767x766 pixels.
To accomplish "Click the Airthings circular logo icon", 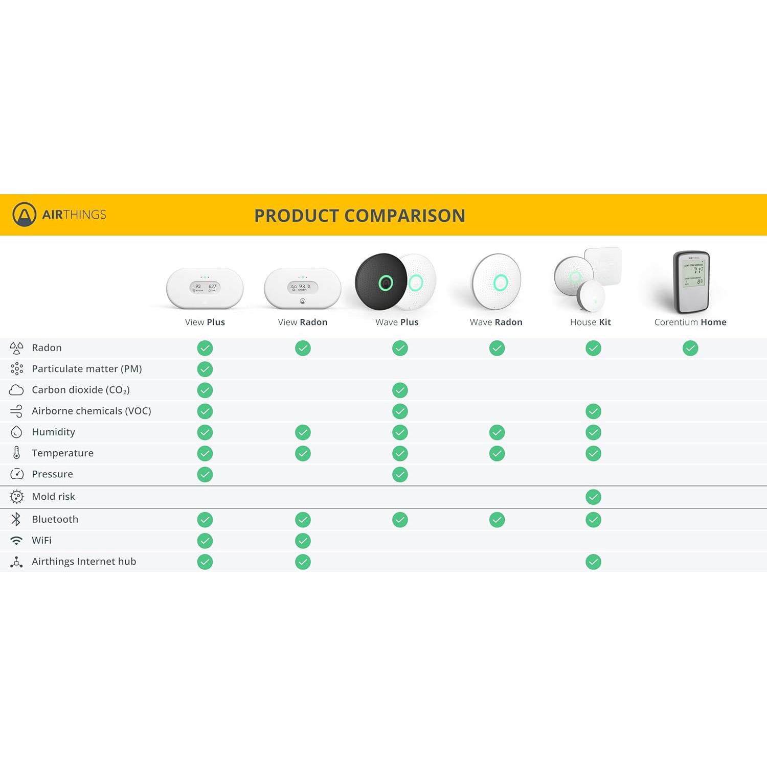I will (24, 215).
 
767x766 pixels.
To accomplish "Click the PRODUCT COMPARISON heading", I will (359, 216).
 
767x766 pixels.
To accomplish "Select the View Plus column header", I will (205, 322).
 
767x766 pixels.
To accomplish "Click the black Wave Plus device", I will (381, 282).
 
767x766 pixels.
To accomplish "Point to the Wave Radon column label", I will (496, 322).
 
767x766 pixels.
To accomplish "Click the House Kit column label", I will (591, 322).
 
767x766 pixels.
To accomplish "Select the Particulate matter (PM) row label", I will (86, 369).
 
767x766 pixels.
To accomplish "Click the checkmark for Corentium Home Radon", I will (690, 349).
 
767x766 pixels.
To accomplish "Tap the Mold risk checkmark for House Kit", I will (593, 497).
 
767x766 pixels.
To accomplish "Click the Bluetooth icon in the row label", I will (16, 519).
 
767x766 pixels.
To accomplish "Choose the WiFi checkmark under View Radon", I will (303, 541).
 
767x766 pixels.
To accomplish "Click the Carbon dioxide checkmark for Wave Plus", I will (400, 390).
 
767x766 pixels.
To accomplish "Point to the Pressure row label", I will (52, 474).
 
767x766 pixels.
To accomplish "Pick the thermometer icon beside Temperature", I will (16, 453).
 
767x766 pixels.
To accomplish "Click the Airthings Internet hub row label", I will (84, 562).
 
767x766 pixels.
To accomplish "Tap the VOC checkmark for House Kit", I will (593, 411).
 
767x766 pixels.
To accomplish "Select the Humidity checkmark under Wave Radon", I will (497, 432).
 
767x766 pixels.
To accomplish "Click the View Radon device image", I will (303, 288).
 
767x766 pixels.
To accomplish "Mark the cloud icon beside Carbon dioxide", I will (16, 390).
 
